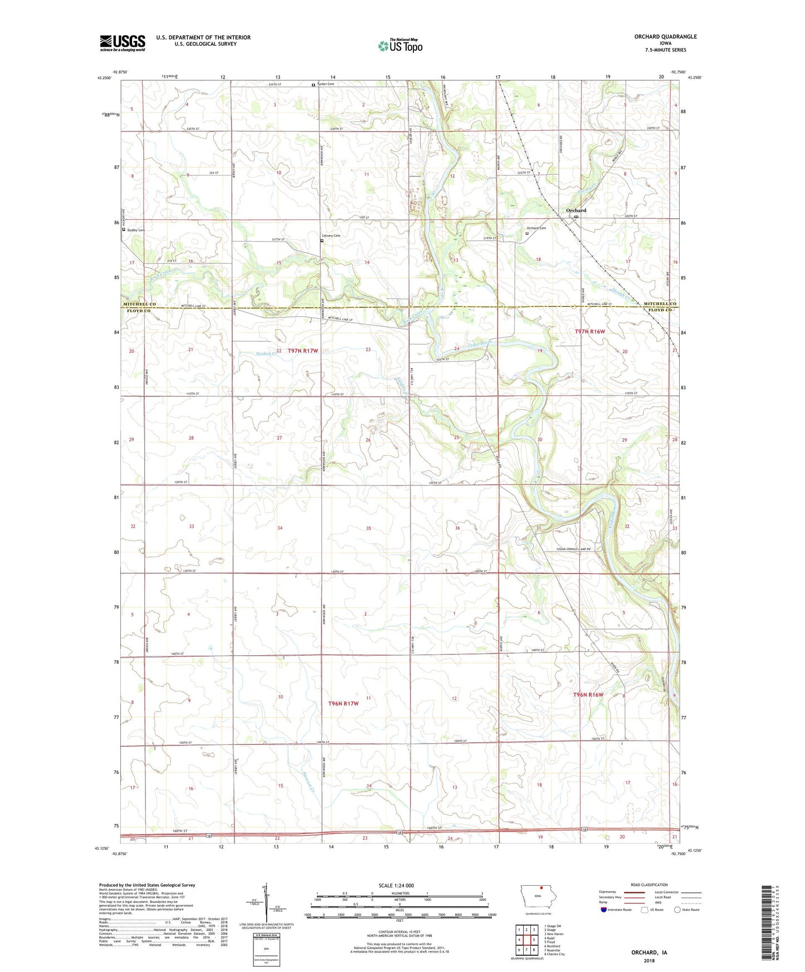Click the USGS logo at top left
[122, 43]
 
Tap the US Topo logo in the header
[400, 46]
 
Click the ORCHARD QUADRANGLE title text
[665, 37]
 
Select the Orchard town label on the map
[576, 210]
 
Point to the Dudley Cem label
[136, 230]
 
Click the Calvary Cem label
[331, 235]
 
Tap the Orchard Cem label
[536, 228]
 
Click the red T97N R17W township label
[303, 351]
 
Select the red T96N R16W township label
[588, 695]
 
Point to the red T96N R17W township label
[343, 704]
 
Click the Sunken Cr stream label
[266, 353]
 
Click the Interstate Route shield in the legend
[604, 910]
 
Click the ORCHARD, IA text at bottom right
[648, 953]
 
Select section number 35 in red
[368, 528]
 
